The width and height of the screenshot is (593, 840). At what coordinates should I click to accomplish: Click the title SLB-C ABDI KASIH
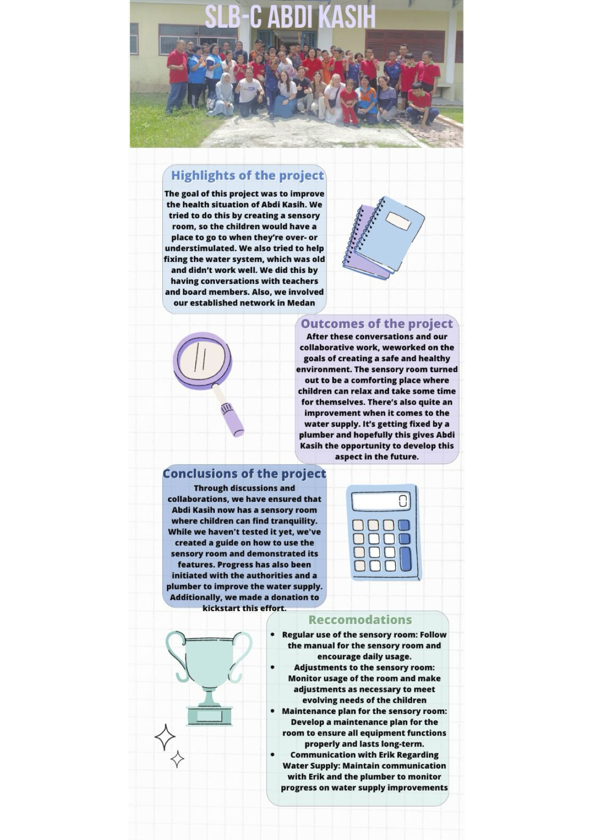click(290, 18)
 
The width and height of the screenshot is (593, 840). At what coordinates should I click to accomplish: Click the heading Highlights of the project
click(247, 175)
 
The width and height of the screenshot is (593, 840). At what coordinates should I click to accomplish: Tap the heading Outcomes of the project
click(377, 324)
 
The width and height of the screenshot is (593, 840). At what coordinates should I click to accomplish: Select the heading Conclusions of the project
click(244, 474)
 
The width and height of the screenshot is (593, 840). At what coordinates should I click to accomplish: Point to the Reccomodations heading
click(360, 620)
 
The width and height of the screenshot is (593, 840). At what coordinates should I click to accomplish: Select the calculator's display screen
click(381, 501)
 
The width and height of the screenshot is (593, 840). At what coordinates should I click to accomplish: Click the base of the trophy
click(209, 715)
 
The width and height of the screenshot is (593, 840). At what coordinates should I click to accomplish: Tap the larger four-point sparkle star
click(165, 737)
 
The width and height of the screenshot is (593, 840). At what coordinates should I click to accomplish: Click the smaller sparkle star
click(178, 759)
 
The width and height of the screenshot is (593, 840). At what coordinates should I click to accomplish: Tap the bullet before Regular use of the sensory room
click(272, 635)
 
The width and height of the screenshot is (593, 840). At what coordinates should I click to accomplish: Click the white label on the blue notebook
click(398, 221)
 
